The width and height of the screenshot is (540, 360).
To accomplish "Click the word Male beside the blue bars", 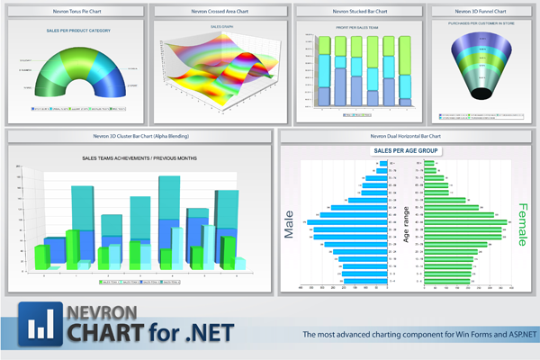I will click(x=289, y=226).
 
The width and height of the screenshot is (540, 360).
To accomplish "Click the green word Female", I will click(x=522, y=224).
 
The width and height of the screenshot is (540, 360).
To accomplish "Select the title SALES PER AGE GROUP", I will click(x=405, y=149).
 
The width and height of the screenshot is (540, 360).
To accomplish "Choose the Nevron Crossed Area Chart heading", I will click(x=218, y=11).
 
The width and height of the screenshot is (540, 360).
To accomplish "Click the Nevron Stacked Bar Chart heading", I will click(x=359, y=11).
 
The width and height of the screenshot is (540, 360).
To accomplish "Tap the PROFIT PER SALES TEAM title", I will click(x=359, y=28).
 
